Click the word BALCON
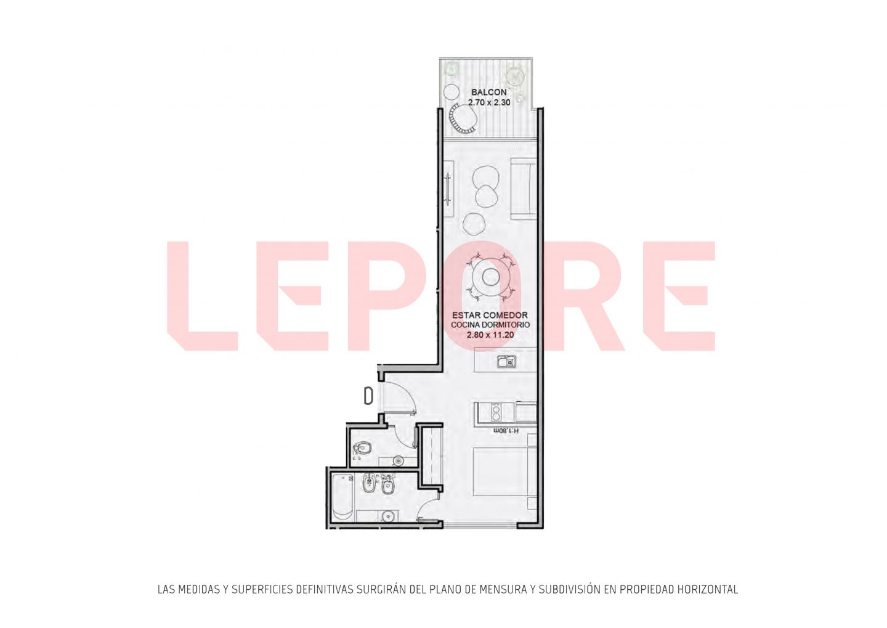[x=488, y=92]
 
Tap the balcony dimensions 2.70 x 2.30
[x=489, y=102]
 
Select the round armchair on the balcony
[x=463, y=120]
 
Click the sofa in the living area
[x=523, y=189]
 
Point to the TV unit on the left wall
[x=448, y=189]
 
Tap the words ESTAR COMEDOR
[x=490, y=316]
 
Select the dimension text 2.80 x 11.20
[x=490, y=335]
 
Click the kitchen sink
[x=506, y=361]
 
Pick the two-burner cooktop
[x=495, y=412]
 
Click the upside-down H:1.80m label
[x=506, y=430]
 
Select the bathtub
[x=342, y=497]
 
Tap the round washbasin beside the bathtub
[x=387, y=516]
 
